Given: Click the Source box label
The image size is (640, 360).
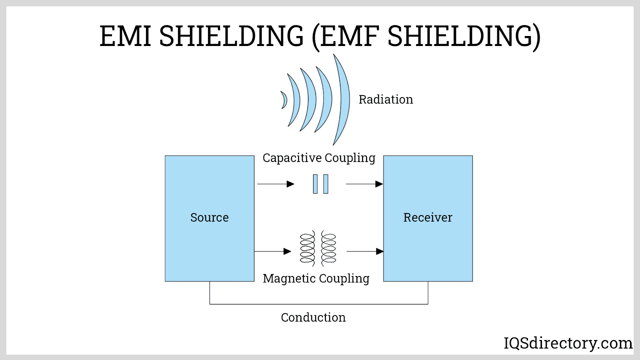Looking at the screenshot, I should click(x=209, y=217).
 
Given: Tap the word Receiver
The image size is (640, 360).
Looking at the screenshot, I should click(x=428, y=217).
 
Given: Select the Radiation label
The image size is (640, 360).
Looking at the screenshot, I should click(x=386, y=99).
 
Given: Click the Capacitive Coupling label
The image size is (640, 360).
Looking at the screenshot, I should click(x=319, y=158).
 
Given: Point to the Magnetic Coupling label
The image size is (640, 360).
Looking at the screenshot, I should click(x=316, y=278).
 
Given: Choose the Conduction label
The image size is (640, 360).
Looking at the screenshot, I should click(x=313, y=317).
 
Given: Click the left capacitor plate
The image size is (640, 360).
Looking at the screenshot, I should click(x=315, y=184).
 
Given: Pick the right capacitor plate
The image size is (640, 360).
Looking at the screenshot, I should click(x=326, y=184).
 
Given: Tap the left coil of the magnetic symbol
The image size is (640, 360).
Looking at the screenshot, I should click(x=308, y=248).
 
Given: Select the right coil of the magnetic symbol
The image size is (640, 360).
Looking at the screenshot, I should click(x=329, y=248).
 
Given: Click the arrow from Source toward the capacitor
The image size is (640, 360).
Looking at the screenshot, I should click(x=276, y=184).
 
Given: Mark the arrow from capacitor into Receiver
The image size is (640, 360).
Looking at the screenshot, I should click(x=364, y=184).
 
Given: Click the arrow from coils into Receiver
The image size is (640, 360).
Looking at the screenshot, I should click(x=365, y=251).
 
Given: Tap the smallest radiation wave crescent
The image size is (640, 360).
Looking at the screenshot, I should click(x=284, y=100).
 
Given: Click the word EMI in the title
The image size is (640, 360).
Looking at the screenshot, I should click(x=125, y=36).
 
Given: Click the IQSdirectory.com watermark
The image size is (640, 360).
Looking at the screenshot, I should click(x=568, y=343).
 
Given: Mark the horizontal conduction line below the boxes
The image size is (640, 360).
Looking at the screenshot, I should click(x=319, y=304).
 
